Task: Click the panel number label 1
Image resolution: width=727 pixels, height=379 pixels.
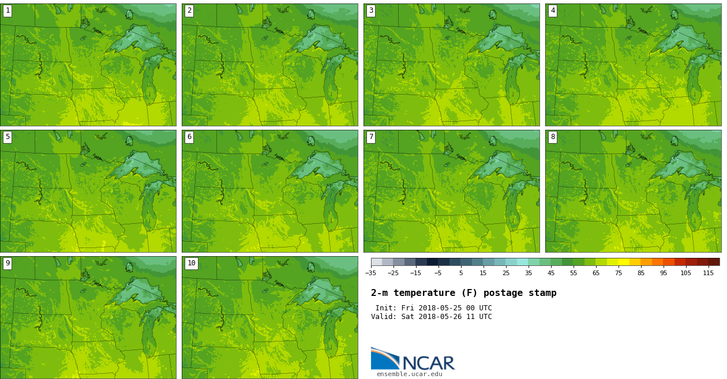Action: pyautogui.click(x=8, y=11)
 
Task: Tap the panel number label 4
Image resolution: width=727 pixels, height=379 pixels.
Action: pyautogui.click(x=553, y=11)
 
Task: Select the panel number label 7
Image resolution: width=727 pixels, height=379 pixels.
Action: pyautogui.click(x=371, y=137)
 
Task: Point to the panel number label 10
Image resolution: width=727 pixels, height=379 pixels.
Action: pyautogui.click(x=191, y=264)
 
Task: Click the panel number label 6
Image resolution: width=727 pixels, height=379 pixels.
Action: pyautogui.click(x=189, y=137)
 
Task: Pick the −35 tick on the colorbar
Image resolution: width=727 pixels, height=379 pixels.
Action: pyautogui.click(x=371, y=273)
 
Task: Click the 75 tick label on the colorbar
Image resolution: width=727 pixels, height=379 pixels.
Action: pyautogui.click(x=619, y=273)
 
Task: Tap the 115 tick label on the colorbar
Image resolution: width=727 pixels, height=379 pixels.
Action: pyautogui.click(x=708, y=273)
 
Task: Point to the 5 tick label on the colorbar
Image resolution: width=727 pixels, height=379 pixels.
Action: pyautogui.click(x=461, y=273)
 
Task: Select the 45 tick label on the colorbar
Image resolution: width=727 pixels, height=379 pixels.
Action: pyautogui.click(x=551, y=273)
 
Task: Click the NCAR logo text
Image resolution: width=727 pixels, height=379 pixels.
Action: pyautogui.click(x=428, y=363)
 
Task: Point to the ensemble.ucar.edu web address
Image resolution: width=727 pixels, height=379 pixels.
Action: pyautogui.click(x=410, y=374)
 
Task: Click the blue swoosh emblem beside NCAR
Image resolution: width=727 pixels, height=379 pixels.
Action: pyautogui.click(x=384, y=358)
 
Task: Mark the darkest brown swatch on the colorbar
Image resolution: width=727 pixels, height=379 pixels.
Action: pyautogui.click(x=714, y=262)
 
